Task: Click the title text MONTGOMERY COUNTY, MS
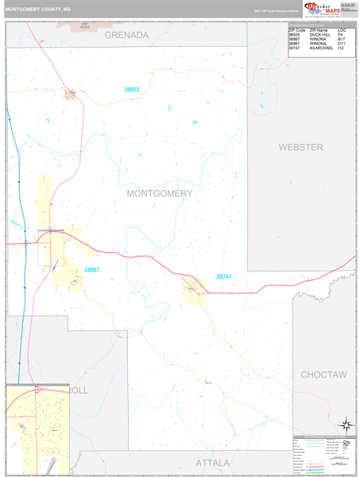[x=38, y=10]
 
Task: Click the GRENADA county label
[x=126, y=36]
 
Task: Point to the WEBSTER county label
[x=300, y=148]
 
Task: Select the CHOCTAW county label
[x=323, y=374]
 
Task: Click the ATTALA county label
[x=213, y=463]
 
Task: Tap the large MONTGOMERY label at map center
[x=159, y=193]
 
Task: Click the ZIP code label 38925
[x=132, y=90]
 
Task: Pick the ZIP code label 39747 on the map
[x=225, y=277]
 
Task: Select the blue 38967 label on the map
[x=92, y=270]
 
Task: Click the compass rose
[x=346, y=425]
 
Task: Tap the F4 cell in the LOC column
[x=340, y=35]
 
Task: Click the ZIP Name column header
[x=318, y=30]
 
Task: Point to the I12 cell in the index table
[x=341, y=49]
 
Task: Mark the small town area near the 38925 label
[x=71, y=95]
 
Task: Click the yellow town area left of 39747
[x=193, y=290]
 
